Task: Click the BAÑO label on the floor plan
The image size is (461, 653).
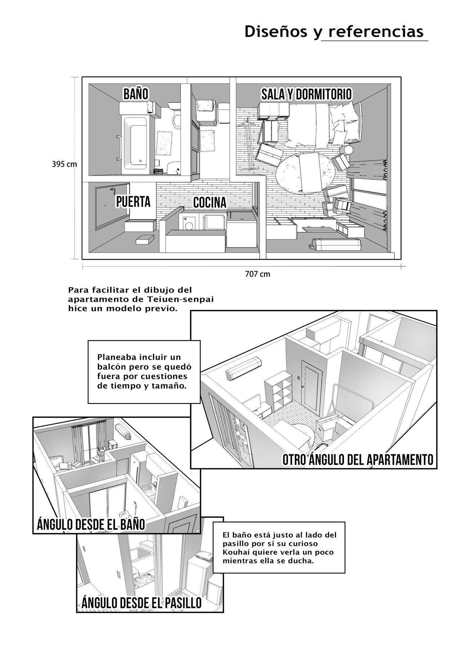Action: pyautogui.click(x=136, y=94)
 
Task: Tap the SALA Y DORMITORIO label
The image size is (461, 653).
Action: pyautogui.click(x=306, y=95)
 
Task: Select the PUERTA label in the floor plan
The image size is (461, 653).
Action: pyautogui.click(x=133, y=202)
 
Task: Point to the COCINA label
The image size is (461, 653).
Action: pyautogui.click(x=210, y=203)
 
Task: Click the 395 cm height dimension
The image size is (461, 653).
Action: pyautogui.click(x=64, y=164)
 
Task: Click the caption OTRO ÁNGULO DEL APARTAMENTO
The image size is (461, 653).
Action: pyautogui.click(x=358, y=460)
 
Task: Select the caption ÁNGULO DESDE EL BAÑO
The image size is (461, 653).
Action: pyautogui.click(x=91, y=524)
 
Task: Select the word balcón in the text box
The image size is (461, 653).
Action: pyautogui.click(x=110, y=367)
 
